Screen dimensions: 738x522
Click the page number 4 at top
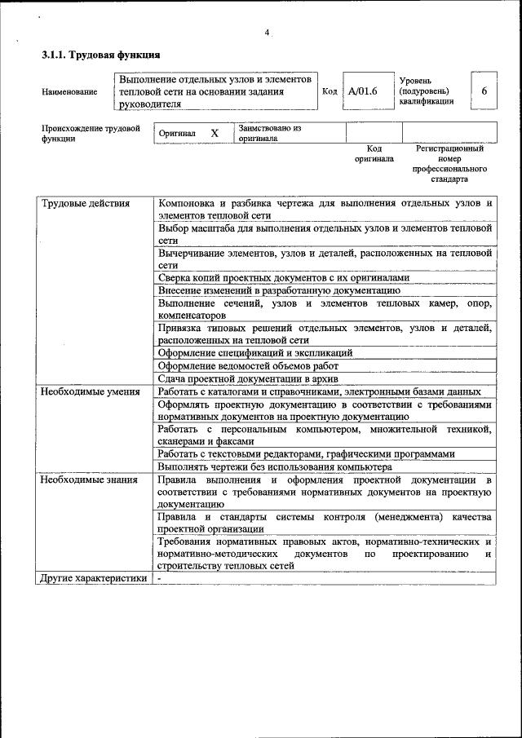click(266, 33)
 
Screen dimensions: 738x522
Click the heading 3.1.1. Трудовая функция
click(100, 55)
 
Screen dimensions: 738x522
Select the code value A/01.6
click(363, 92)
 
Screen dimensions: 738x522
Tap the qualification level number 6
click(484, 91)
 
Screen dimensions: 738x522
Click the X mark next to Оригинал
click(215, 133)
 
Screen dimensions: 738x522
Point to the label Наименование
click(69, 92)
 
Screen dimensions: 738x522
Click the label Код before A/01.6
click(330, 92)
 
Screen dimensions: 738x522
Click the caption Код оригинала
click(374, 154)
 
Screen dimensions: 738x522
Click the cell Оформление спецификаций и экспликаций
click(254, 353)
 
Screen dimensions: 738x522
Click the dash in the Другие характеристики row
click(160, 578)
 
